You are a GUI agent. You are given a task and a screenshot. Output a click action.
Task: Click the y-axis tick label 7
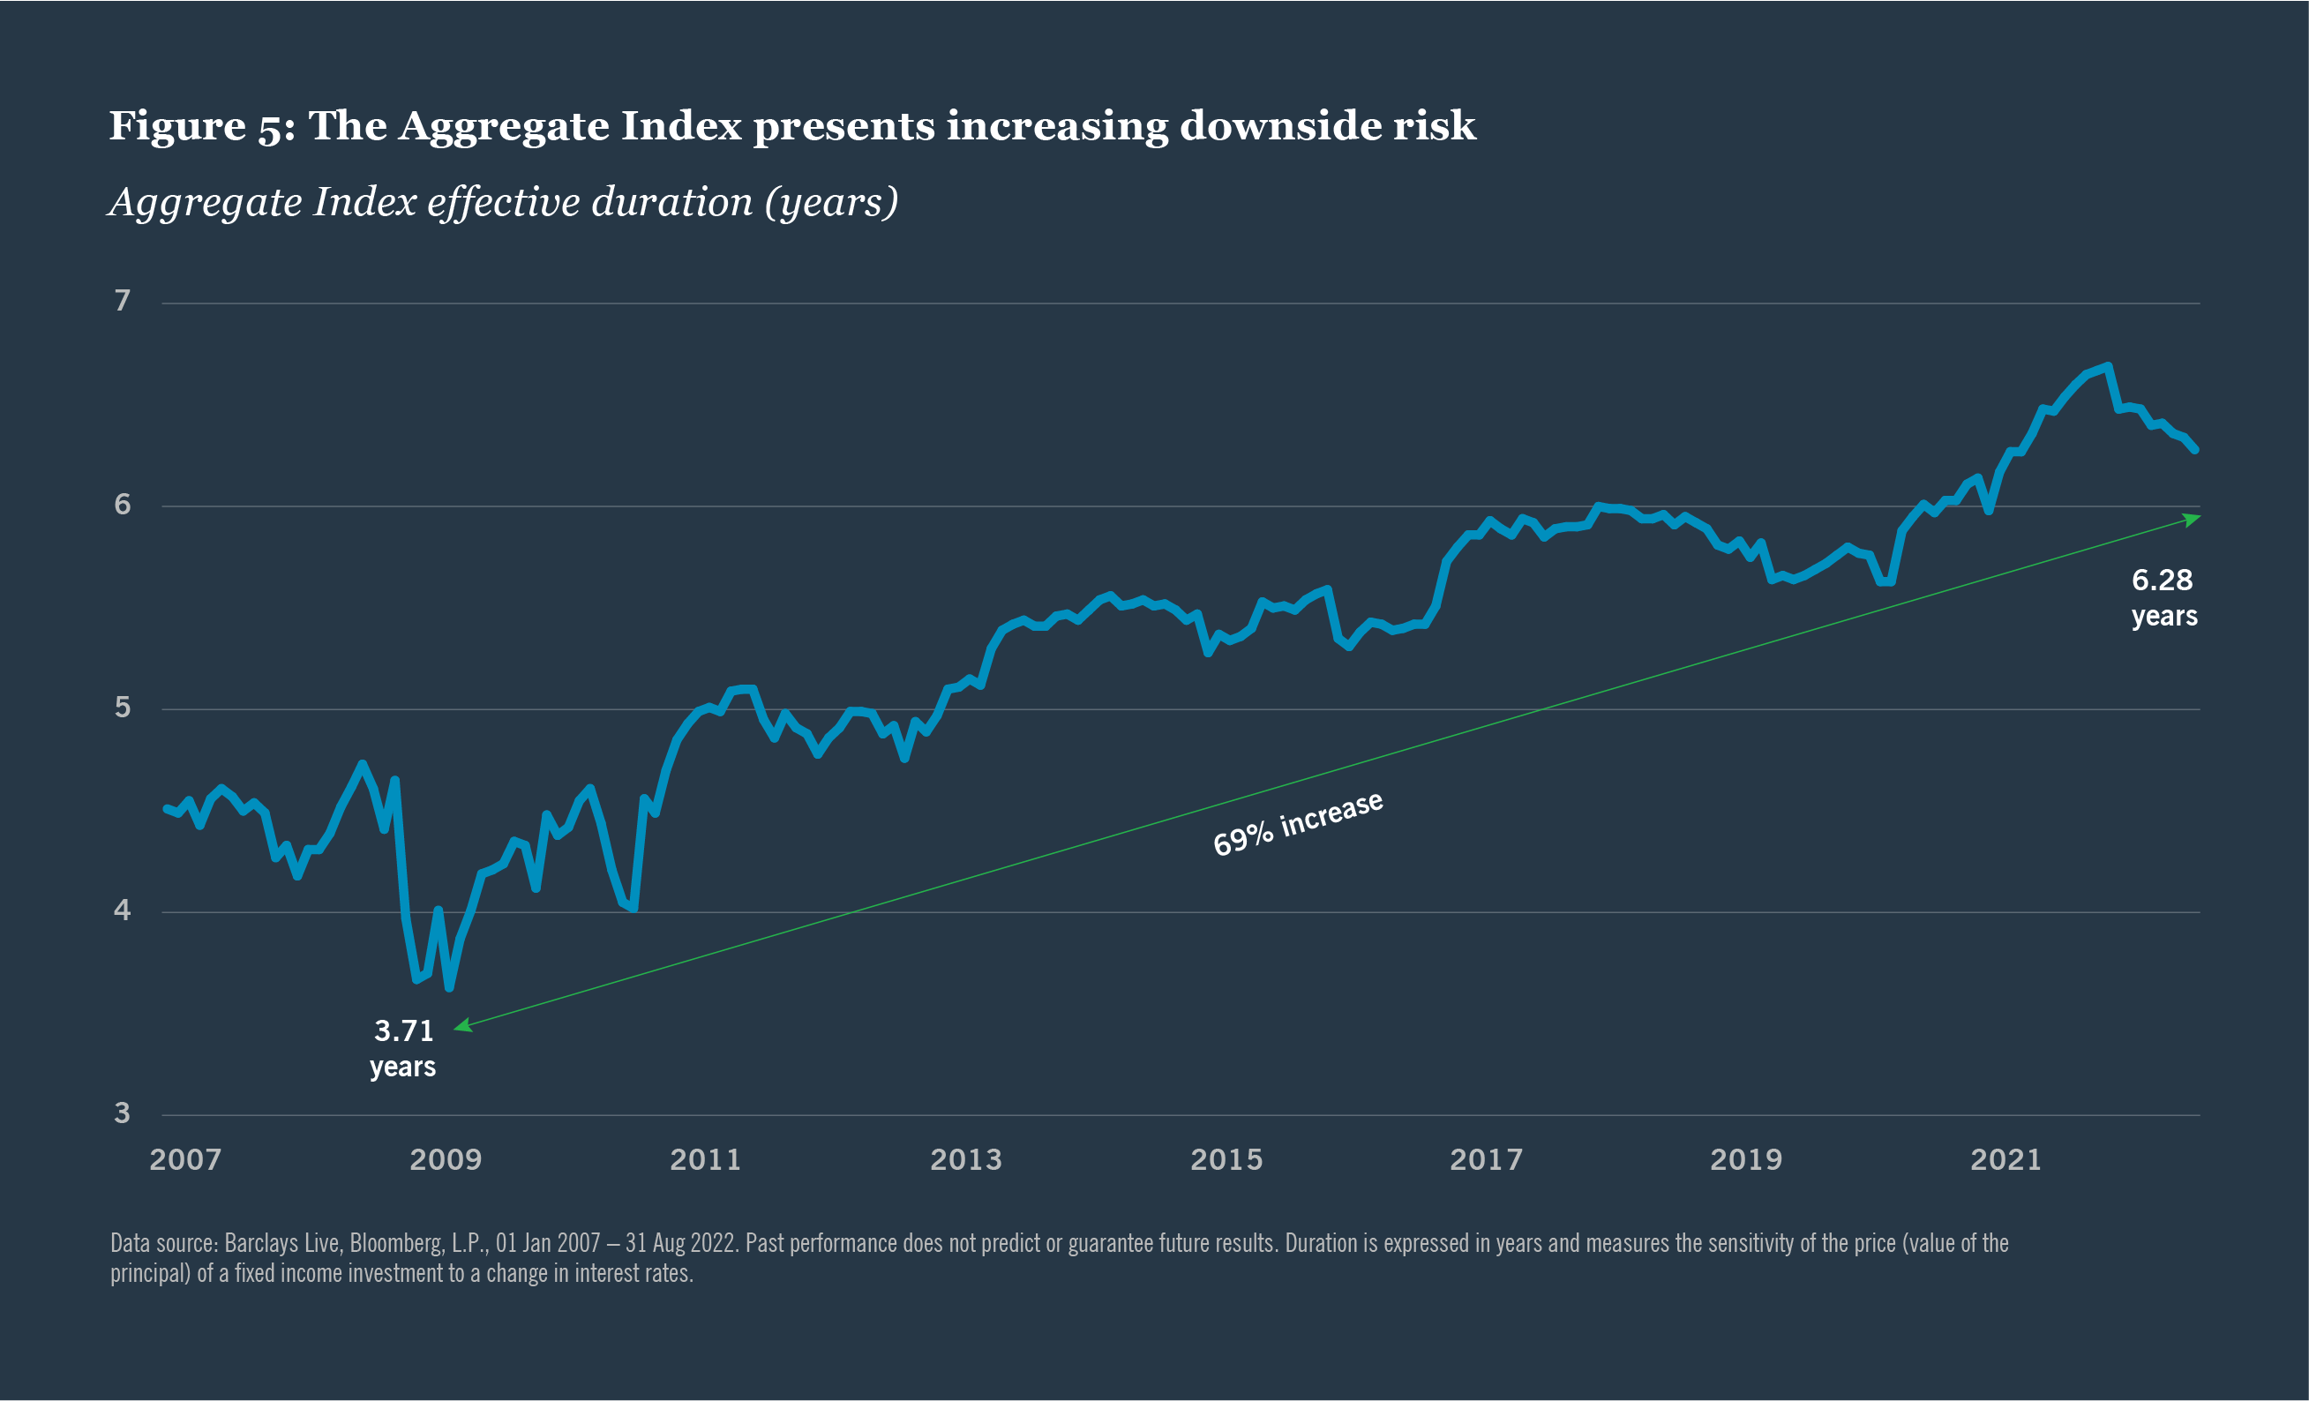point(122,301)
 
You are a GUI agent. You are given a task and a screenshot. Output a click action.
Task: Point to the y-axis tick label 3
point(122,1113)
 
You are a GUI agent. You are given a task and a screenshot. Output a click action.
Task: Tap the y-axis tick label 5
point(122,708)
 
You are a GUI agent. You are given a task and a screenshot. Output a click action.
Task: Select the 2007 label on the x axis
point(185,1160)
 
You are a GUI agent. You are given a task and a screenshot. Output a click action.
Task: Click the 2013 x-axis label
point(965,1160)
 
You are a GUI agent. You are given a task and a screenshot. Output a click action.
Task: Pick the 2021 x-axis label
point(2005,1160)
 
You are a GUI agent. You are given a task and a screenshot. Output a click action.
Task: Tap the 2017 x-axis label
point(1486,1160)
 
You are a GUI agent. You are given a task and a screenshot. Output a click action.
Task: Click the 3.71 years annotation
point(403,1048)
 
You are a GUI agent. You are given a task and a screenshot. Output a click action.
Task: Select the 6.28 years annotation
point(2163,597)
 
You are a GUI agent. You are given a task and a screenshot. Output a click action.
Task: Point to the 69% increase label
point(1298,823)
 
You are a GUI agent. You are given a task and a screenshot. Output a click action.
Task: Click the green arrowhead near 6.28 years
point(2191,518)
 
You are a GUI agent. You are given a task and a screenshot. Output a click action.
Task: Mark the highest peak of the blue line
point(2108,366)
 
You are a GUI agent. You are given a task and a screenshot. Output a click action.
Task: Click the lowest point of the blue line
point(450,988)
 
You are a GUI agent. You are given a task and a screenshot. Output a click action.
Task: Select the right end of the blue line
point(2194,450)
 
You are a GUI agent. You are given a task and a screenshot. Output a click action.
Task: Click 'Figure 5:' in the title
point(201,125)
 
